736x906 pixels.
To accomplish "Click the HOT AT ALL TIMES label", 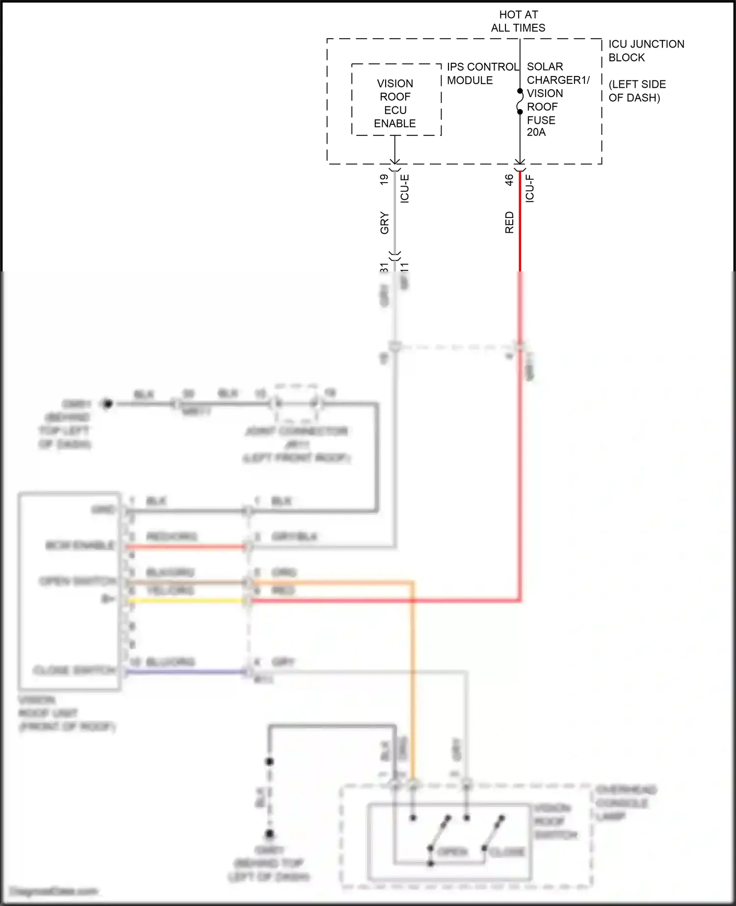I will (x=518, y=21).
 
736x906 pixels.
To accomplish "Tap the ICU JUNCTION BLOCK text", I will (x=646, y=51).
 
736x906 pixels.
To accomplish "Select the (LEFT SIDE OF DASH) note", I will (x=637, y=91).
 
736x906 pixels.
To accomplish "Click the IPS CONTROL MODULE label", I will (x=482, y=73).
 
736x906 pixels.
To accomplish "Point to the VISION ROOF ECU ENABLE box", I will (x=396, y=100).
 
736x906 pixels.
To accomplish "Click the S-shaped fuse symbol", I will (x=520, y=102).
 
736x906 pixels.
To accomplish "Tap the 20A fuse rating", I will (x=536, y=132).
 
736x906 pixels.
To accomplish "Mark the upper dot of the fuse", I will (x=520, y=91).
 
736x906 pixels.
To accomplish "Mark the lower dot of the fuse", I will (x=520, y=112).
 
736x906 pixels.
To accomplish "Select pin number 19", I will (x=384, y=180).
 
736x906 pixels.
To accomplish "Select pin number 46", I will (x=509, y=180).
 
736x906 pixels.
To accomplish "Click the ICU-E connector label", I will (x=405, y=188).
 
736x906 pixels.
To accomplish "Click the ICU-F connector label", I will (x=530, y=188).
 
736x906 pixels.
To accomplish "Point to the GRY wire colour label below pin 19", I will (x=384, y=223).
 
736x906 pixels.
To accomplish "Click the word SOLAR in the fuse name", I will (x=545, y=67).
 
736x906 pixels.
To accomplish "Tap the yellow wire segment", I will (x=186, y=600).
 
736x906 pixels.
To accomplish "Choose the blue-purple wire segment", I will (x=186, y=671).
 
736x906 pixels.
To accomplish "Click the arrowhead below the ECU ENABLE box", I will (x=394, y=161).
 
